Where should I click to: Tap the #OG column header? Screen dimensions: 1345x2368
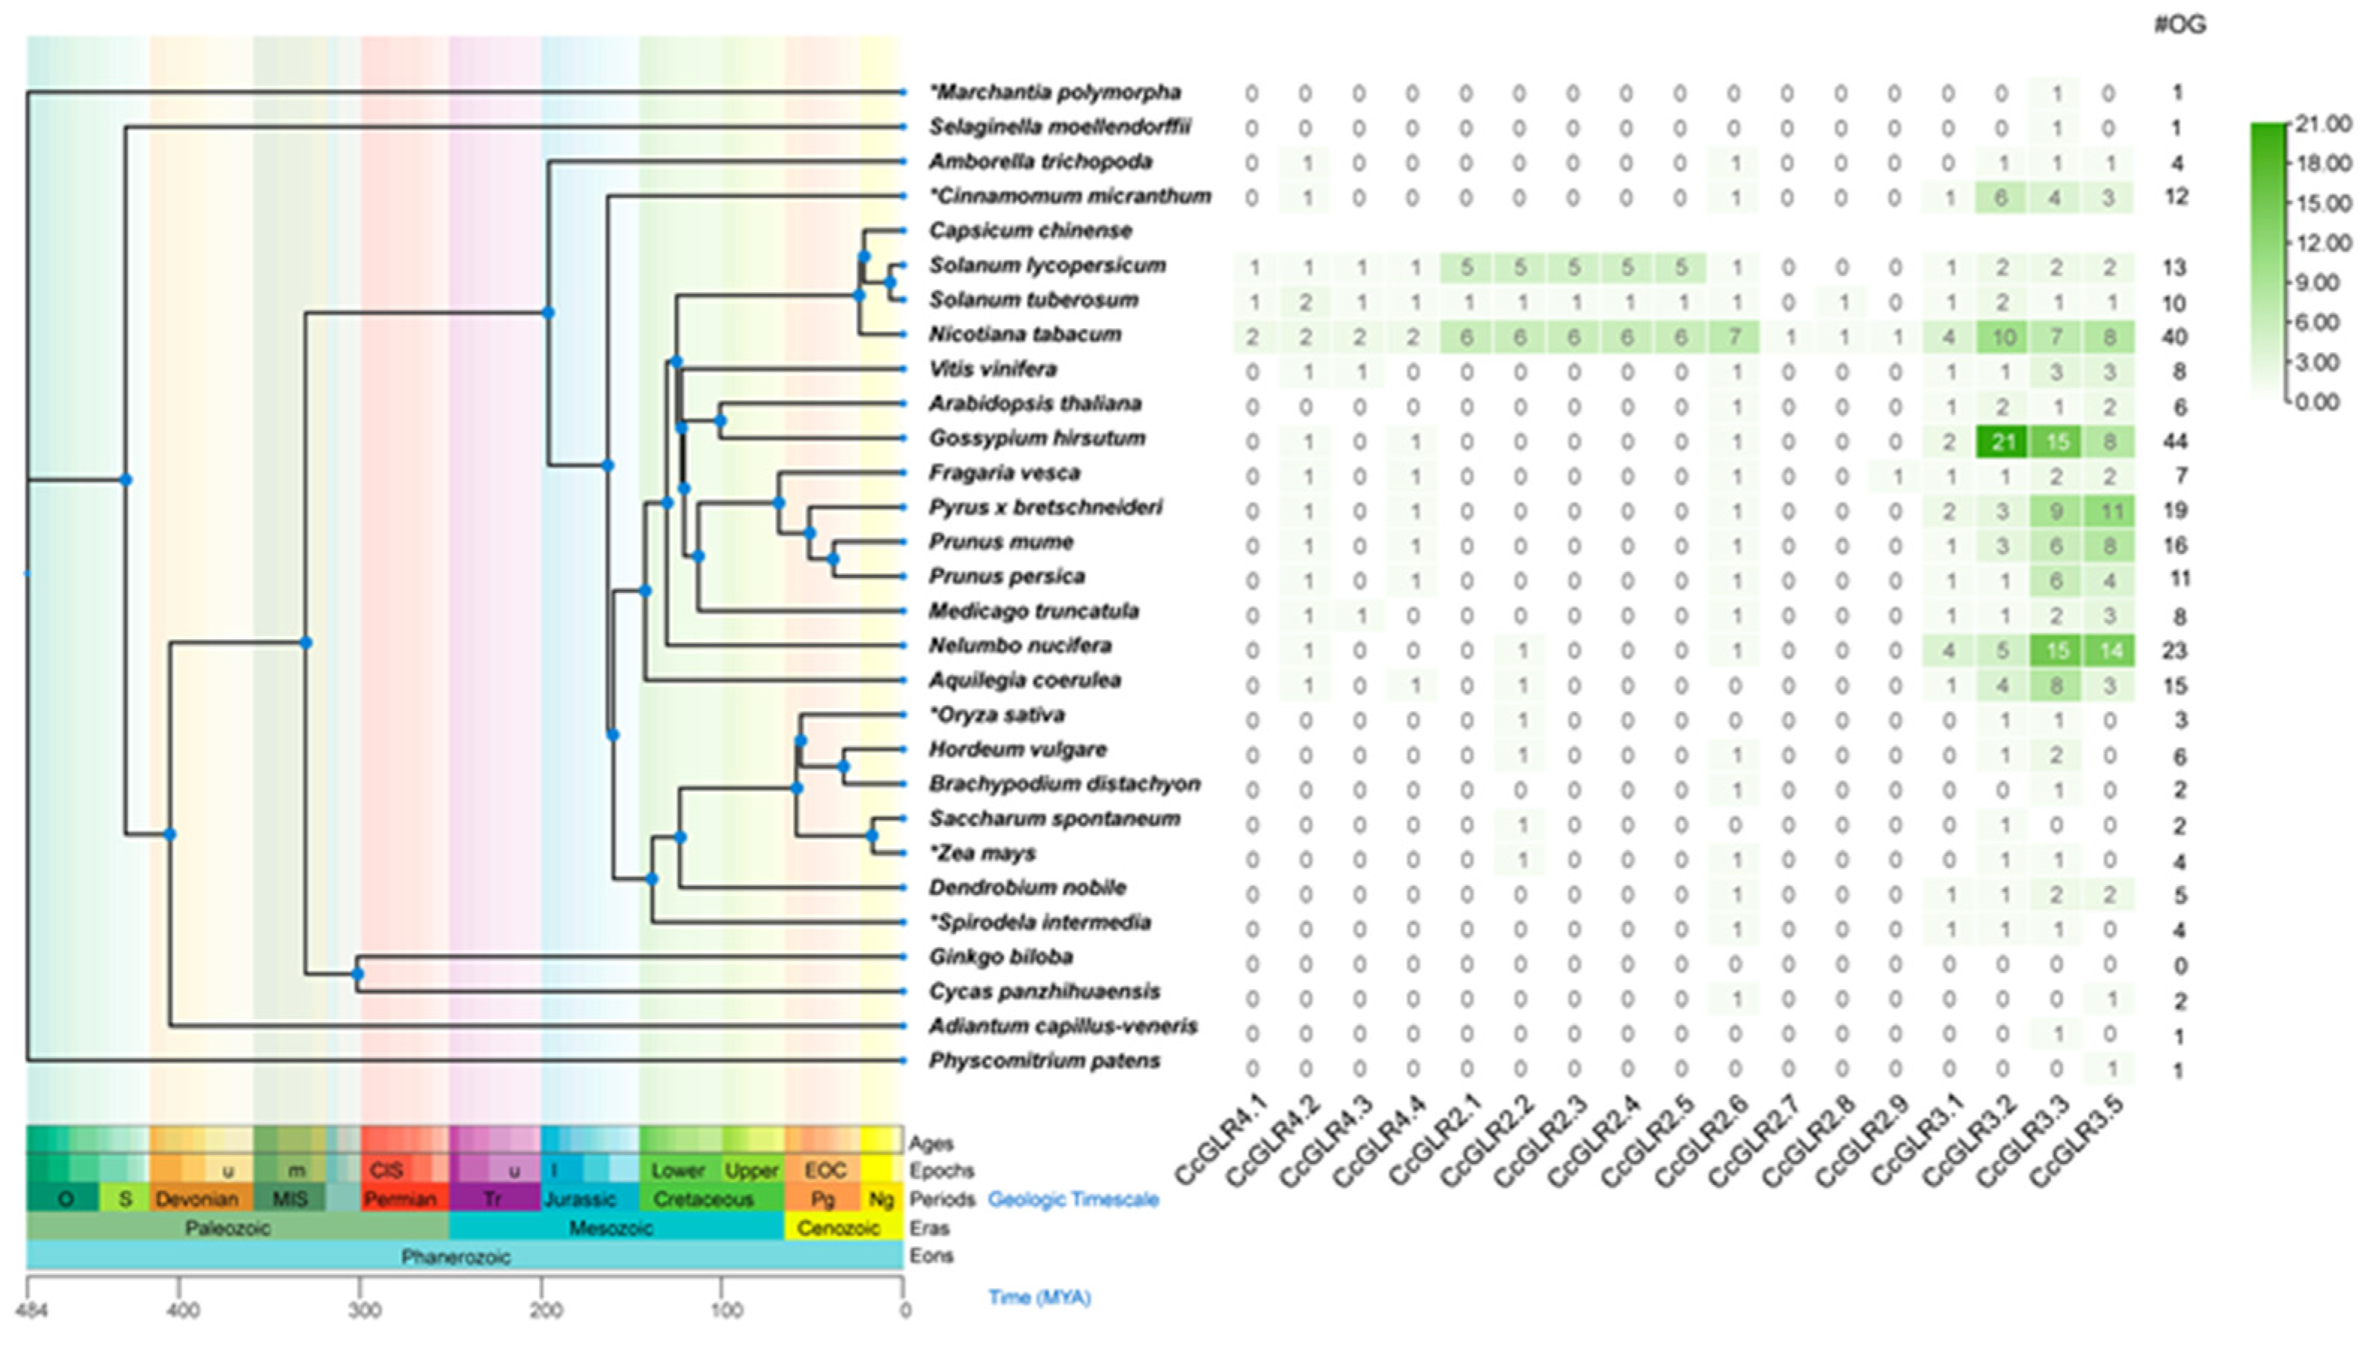2180,24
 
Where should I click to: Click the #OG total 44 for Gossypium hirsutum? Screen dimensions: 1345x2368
2175,442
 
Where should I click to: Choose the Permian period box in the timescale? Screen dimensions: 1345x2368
400,1199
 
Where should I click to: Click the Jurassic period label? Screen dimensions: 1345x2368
580,1199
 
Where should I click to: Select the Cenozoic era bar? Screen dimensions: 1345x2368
839,1228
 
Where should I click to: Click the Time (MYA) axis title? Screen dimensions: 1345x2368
1039,1297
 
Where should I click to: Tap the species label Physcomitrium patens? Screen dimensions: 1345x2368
1043,1060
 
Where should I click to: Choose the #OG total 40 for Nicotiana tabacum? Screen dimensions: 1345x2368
2175,337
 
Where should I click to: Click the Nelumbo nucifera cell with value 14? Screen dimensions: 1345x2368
2109,650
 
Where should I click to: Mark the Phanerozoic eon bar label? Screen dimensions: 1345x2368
455,1256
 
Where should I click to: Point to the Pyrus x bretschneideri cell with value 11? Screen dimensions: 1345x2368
2109,511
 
